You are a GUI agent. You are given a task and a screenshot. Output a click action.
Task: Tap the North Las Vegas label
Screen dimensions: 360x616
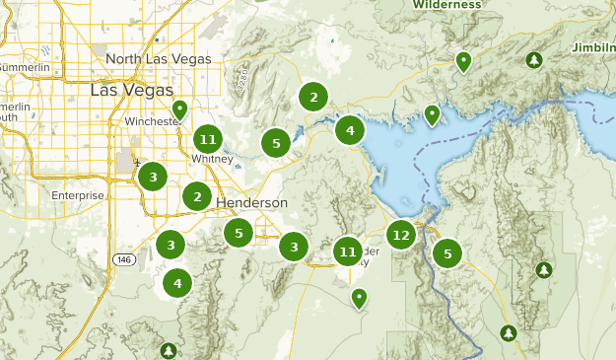coord(158,59)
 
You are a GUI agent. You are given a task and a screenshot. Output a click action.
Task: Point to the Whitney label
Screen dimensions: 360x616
coord(213,159)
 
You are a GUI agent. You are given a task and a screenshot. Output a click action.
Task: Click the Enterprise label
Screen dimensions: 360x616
coord(77,195)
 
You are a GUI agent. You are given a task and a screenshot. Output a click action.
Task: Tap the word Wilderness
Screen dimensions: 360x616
coord(446,5)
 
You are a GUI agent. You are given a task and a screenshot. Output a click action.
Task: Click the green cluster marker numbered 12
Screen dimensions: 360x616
coord(400,235)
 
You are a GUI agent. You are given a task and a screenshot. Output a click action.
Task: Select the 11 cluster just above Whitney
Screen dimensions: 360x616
coord(206,138)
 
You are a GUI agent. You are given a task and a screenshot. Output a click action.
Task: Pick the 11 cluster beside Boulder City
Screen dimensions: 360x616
coord(347,252)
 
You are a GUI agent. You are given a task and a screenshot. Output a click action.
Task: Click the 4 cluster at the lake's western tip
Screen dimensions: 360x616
coord(350,130)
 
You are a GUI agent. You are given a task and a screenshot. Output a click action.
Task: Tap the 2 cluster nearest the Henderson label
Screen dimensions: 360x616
coord(197,197)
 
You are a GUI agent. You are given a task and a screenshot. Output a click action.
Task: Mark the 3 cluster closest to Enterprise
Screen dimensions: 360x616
coord(152,178)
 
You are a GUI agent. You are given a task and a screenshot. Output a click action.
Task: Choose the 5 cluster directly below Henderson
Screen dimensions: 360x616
coord(238,234)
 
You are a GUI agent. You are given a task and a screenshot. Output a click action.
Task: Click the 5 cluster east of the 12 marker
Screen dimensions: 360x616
coord(447,253)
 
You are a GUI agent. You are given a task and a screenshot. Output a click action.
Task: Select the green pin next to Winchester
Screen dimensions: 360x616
coord(179,108)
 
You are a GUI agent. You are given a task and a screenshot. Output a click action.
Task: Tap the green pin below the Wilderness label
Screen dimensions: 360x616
coord(463,62)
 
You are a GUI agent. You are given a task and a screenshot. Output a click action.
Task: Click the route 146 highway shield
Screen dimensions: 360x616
coord(124,259)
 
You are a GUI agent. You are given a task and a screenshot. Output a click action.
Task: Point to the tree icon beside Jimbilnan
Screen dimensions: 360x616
coord(533,60)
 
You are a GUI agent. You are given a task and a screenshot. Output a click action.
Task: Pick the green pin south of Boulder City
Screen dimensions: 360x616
coord(360,297)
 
